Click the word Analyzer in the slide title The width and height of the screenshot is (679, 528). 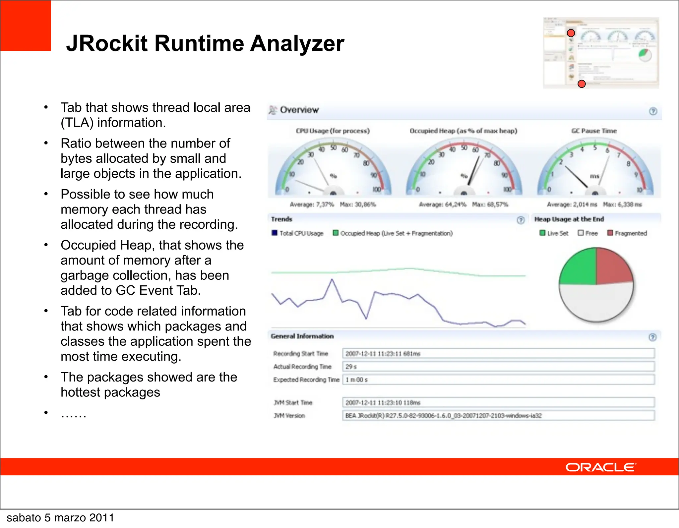[297, 44]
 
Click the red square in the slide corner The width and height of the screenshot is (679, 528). [26, 26]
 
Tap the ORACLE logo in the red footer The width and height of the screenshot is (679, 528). [600, 467]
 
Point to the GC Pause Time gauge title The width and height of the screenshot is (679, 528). [594, 131]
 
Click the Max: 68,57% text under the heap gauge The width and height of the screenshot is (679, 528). [490, 205]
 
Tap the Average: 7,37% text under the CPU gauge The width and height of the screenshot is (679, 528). [312, 205]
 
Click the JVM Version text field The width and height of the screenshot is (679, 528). [498, 416]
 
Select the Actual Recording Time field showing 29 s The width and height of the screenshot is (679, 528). [498, 367]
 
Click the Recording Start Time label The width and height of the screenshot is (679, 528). [300, 354]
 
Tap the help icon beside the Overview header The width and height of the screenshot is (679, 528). [653, 111]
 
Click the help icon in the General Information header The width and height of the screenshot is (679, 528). [652, 337]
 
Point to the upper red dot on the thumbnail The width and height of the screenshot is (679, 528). [571, 33]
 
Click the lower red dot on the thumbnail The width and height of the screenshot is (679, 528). [582, 84]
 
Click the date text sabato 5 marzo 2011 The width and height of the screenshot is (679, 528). [60, 518]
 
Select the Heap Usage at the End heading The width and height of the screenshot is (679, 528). [569, 219]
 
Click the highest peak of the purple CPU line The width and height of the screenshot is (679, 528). [332, 280]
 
